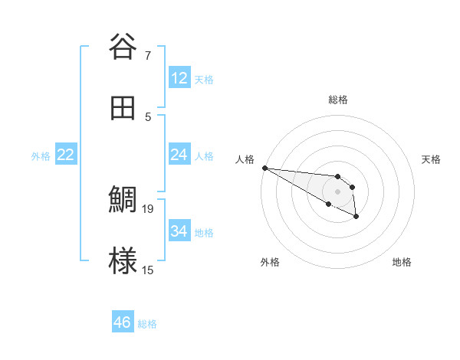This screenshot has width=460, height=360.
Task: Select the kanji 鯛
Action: click(x=123, y=201)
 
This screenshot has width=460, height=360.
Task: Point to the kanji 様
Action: click(x=123, y=263)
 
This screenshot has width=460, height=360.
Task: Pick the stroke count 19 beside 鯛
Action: click(x=149, y=208)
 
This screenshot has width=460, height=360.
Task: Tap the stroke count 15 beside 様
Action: click(x=149, y=270)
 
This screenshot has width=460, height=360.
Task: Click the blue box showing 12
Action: click(x=179, y=78)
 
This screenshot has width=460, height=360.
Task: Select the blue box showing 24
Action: click(x=179, y=155)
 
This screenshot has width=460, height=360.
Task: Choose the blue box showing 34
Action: click(x=179, y=231)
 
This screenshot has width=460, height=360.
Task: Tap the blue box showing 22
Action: click(x=66, y=155)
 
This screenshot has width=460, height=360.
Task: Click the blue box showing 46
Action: click(x=123, y=322)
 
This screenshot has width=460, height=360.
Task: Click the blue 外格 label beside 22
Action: click(x=41, y=156)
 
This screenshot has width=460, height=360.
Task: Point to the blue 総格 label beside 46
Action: click(x=147, y=324)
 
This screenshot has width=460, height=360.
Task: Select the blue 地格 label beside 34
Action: click(x=204, y=233)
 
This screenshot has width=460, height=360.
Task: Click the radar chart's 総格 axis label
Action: click(x=338, y=100)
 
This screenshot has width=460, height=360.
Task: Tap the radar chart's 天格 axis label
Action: click(x=431, y=159)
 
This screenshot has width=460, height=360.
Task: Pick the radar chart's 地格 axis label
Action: click(x=402, y=262)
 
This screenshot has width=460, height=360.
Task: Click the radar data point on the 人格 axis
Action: click(x=264, y=168)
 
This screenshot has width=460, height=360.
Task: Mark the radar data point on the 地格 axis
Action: click(x=356, y=217)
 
